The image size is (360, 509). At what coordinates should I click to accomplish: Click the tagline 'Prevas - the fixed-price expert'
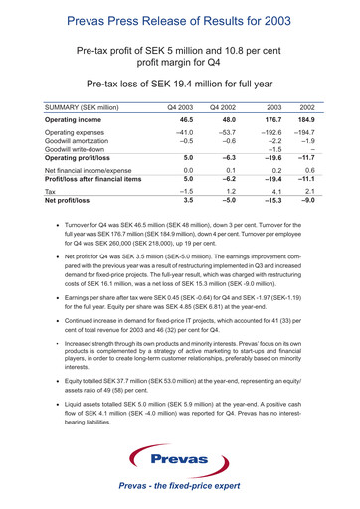click(179, 488)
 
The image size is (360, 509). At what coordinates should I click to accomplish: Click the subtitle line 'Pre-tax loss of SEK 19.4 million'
click(179, 85)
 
